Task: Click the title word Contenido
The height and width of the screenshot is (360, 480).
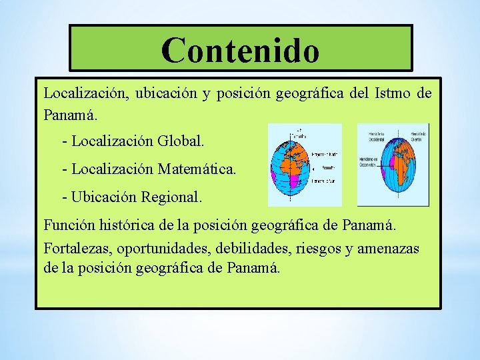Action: (240, 50)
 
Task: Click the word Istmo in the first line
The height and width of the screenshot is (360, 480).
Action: (395, 93)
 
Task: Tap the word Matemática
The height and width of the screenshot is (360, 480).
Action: (197, 169)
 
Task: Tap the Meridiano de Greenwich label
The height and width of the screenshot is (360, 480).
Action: (367, 164)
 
